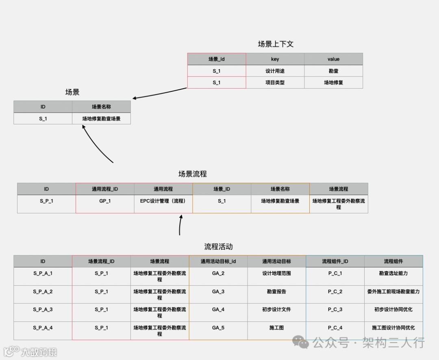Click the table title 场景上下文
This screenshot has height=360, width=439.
pos(275,44)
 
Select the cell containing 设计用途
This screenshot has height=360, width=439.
pos(275,71)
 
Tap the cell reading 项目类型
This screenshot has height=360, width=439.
pos(275,82)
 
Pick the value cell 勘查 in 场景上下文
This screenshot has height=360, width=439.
pos(333,71)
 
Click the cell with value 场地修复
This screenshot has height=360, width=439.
pos(333,82)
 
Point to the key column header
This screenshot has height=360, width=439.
pos(275,59)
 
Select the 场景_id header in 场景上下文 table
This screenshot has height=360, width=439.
pos(217,59)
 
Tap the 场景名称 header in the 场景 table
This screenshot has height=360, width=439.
pos(101,107)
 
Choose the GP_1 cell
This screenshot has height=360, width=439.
pos(105,201)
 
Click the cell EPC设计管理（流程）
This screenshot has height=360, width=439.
pos(163,201)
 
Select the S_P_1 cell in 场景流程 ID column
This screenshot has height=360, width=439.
pos(46,201)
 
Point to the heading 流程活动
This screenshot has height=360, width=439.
pos(218,247)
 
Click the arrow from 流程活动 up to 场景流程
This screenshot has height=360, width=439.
pos(180,225)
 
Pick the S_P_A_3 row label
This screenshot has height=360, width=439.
pos(43,310)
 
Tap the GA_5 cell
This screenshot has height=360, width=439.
pos(218,328)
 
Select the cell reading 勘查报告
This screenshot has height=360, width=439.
pos(276,292)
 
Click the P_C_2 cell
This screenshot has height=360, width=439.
pos(335,292)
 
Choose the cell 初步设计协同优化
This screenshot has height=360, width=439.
pos(393,310)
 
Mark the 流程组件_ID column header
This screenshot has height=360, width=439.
pos(335,261)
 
